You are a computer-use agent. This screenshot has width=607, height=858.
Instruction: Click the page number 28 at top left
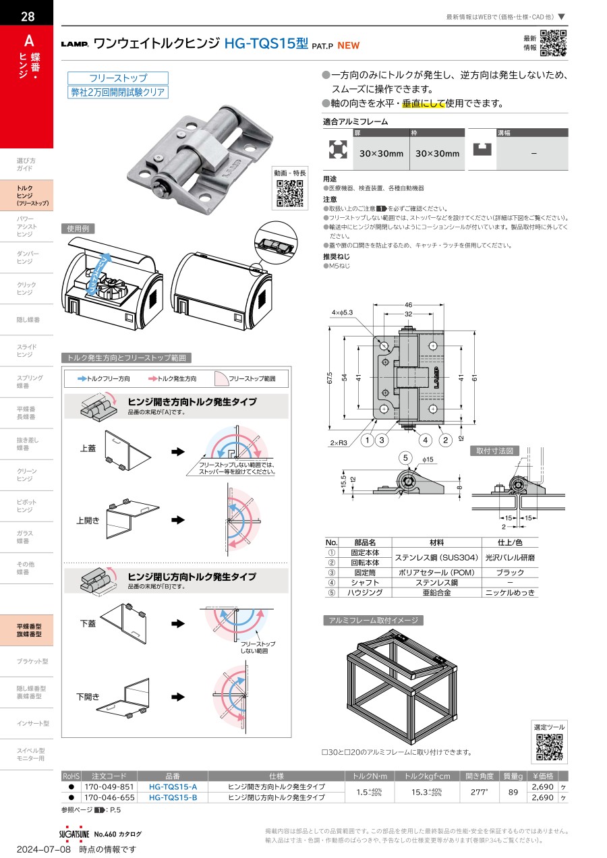[x=27, y=17]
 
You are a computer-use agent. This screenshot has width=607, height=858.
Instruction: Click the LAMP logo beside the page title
[x=75, y=45]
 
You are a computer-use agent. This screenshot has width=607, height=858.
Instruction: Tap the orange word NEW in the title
[x=349, y=46]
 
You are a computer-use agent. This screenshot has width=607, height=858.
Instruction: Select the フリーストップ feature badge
[x=118, y=78]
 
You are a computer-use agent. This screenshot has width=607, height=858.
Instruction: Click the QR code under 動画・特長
[x=290, y=194]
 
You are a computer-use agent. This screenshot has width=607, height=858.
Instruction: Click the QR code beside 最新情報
[x=553, y=43]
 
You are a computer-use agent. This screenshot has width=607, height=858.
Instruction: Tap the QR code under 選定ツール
[x=549, y=747]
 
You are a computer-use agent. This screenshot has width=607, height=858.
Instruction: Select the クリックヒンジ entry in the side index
[x=26, y=288]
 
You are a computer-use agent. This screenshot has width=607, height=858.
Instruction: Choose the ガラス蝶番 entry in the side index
[x=26, y=537]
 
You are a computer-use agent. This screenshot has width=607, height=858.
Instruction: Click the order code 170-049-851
[x=109, y=787]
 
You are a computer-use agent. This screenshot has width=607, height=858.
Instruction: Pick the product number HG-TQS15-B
[x=173, y=798]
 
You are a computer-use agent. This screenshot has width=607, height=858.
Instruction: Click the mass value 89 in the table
[x=513, y=793]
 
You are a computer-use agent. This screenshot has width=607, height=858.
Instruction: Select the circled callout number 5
[x=405, y=458]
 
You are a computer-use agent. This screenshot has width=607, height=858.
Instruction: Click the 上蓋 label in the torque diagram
[x=88, y=447]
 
